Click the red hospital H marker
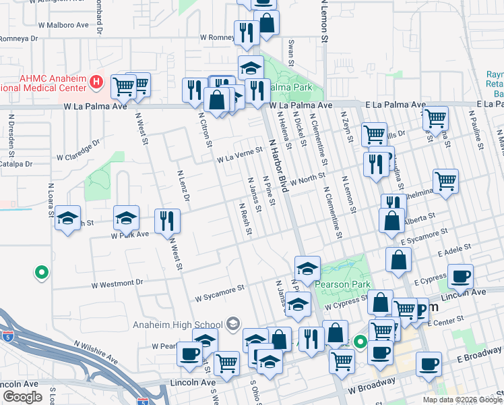pos(96,82)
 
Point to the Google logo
pos(22,397)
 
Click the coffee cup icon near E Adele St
pos(460,275)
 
